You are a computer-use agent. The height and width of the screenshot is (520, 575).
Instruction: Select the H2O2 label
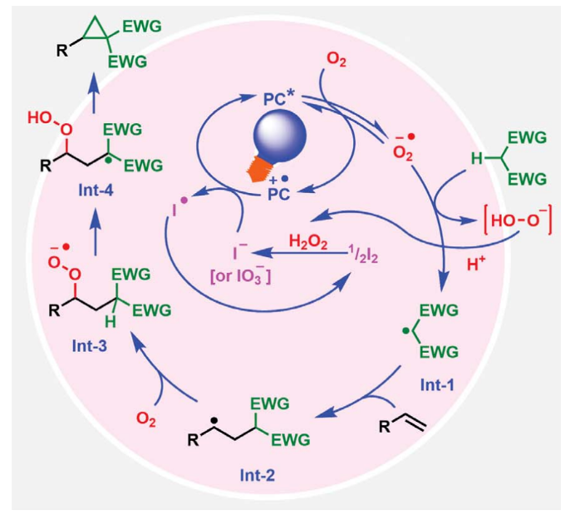tap(309, 241)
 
